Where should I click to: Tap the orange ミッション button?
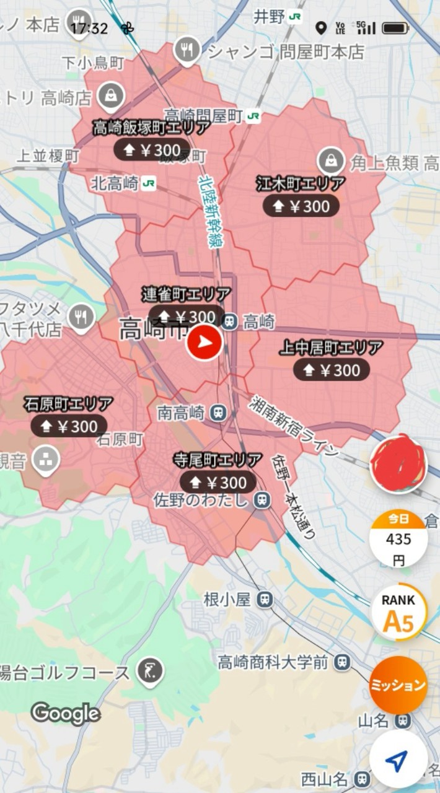398,685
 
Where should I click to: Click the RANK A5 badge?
398,613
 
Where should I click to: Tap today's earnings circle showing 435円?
398,540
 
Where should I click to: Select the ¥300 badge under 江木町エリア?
301,206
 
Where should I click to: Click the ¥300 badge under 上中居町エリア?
332,370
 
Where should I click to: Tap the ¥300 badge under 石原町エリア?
69,426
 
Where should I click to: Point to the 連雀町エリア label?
186,294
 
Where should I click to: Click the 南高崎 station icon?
218,412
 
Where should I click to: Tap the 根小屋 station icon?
265,599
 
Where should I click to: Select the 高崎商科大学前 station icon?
341,663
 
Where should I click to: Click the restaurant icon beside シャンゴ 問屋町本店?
187,49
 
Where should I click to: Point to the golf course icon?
151,671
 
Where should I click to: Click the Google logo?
66,714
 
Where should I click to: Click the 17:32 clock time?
89,28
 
